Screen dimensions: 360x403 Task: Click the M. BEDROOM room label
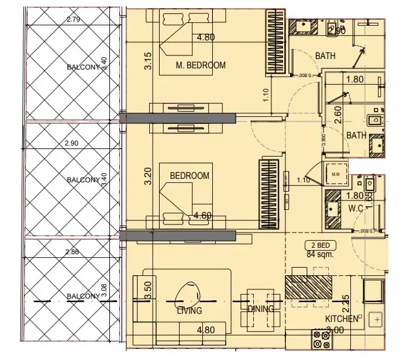click(201, 65)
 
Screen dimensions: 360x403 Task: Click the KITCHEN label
click(342, 319)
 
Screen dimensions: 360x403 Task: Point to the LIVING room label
click(189, 311)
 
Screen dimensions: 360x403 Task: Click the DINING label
click(260, 309)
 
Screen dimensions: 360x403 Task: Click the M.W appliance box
click(336, 174)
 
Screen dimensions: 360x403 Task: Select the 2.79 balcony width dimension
click(74, 20)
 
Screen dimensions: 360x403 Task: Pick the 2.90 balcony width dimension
click(73, 143)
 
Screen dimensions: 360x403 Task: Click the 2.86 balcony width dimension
click(73, 252)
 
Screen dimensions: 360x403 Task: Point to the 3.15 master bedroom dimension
click(148, 62)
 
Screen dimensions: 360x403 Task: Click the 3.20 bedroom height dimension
click(148, 177)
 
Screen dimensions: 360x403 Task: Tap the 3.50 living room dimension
click(148, 290)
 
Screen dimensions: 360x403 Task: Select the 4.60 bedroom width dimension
click(202, 216)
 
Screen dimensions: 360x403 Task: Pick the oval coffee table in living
click(188, 292)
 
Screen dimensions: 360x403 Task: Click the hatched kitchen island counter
click(308, 286)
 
